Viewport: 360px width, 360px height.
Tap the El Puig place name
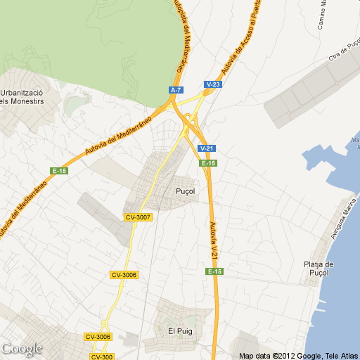[180, 330]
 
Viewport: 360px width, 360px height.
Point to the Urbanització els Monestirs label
[22, 97]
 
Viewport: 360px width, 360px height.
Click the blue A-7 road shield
[176, 90]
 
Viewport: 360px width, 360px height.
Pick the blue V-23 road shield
[214, 84]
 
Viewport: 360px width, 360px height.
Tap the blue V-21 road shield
[207, 148]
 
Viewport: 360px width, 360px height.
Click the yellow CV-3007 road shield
[138, 217]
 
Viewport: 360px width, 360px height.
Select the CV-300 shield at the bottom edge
[102, 356]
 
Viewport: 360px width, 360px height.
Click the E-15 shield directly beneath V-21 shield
[207, 163]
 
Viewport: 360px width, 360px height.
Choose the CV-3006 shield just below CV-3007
[124, 275]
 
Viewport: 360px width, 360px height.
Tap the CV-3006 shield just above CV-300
[98, 337]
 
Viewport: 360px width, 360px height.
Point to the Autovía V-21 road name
[214, 239]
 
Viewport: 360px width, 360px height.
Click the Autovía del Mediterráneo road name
[117, 136]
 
